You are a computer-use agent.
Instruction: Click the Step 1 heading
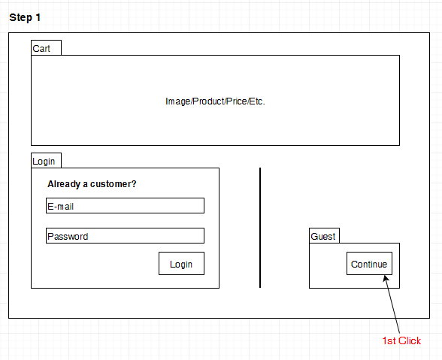25,18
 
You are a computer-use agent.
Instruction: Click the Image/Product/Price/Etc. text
215,101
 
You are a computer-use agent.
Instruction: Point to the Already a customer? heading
92,184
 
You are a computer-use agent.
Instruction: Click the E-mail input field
125,205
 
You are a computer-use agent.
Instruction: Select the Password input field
125,236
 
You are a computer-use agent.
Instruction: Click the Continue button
369,263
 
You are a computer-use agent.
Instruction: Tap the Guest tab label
323,237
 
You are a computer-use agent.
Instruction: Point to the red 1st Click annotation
401,340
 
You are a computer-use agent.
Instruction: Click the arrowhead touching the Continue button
386,278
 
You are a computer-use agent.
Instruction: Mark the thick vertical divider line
260,228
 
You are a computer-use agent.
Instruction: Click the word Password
68,236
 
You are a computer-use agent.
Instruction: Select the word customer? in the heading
114,184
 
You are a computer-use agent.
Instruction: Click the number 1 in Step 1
38,18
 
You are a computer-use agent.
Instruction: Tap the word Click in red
410,340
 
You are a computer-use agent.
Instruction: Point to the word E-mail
61,207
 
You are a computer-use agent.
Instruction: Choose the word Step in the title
20,18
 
